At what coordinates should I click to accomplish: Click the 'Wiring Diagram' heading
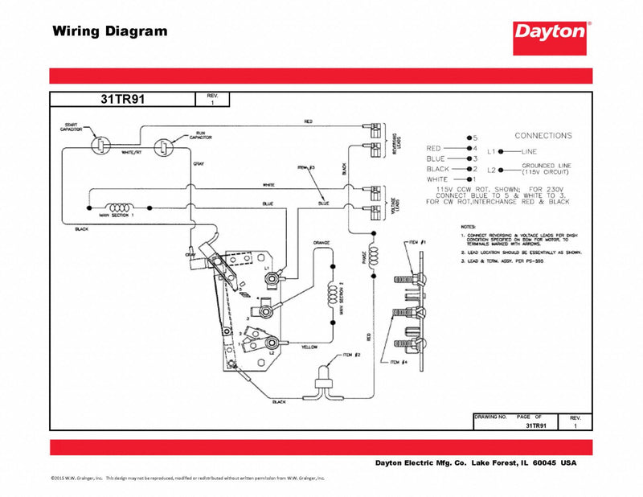click(x=110, y=32)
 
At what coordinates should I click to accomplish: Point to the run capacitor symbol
click(x=165, y=146)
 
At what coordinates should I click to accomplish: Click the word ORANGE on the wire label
click(x=321, y=241)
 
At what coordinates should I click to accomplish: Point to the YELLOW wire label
click(x=309, y=347)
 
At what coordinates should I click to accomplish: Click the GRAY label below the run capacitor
click(x=198, y=164)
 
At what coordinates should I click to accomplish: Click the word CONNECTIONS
click(x=543, y=136)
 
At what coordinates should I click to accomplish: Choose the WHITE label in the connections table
click(x=440, y=179)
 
